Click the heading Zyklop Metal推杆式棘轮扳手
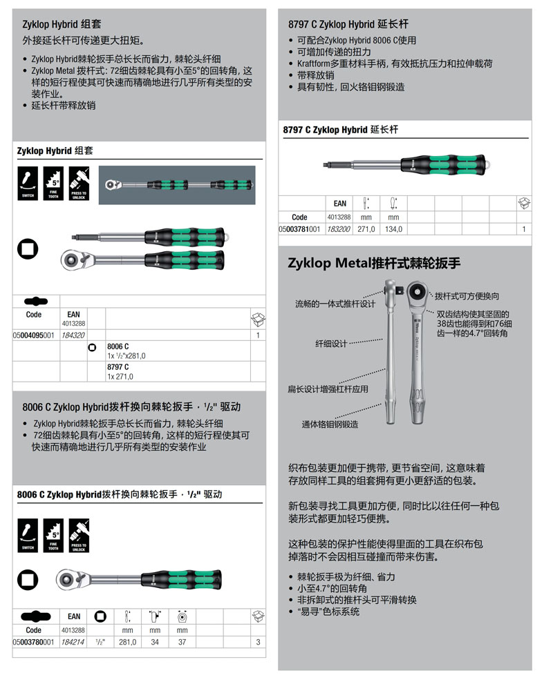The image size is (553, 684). click(x=373, y=263)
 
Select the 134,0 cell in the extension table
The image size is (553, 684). click(x=394, y=229)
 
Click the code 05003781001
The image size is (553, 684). click(x=299, y=229)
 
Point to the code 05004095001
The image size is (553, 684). click(x=34, y=335)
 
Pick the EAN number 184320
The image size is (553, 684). click(x=73, y=335)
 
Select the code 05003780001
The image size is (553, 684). click(x=34, y=641)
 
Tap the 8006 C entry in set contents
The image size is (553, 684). click(x=118, y=346)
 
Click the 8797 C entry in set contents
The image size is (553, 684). click(x=118, y=367)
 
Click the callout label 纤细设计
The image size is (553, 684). click(x=331, y=343)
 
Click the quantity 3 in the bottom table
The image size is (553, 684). click(x=257, y=641)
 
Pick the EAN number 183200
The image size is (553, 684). click(x=339, y=229)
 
